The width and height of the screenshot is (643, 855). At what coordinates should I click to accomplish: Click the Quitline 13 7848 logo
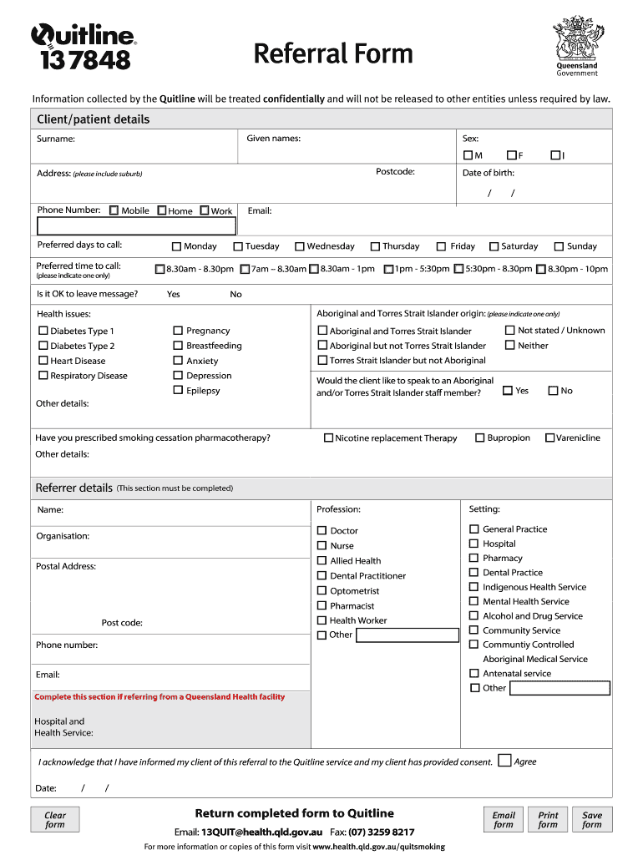coord(83,47)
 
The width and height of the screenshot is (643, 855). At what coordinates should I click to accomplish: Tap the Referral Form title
coord(333,54)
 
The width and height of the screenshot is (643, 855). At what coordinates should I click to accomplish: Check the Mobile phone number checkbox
coord(114,210)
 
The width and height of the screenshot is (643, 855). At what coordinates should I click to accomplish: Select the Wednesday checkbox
coord(299,246)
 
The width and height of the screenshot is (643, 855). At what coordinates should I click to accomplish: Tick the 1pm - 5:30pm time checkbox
coord(388,269)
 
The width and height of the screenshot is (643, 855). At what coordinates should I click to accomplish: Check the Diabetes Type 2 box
coord(43,346)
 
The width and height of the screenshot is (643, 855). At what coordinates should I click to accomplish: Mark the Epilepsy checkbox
coord(178,390)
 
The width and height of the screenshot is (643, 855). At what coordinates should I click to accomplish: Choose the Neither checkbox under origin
coord(509,345)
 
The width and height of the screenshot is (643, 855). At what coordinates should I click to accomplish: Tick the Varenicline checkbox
coord(549,438)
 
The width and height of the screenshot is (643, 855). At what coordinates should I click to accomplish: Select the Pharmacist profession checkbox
coord(322,605)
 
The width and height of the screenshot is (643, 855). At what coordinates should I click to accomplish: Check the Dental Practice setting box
coord(474,572)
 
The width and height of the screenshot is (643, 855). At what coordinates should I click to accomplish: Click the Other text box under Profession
coord(408,635)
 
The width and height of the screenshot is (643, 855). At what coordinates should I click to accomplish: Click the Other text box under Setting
coord(559,688)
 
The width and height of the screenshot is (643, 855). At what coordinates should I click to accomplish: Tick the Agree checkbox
coord(504,760)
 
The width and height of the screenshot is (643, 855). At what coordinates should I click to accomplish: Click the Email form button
coord(504,819)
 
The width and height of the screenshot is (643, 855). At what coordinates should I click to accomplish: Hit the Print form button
coord(548,819)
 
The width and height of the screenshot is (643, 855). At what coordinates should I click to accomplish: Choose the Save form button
coord(592,819)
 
